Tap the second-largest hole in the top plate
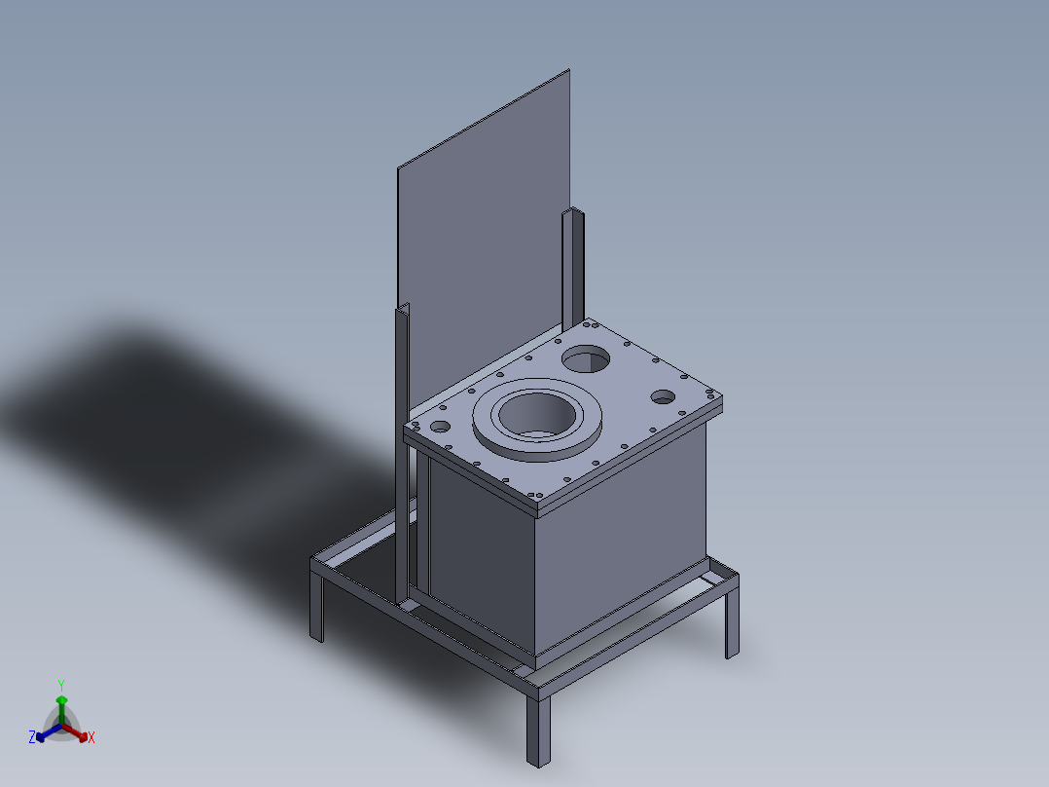pos(586,359)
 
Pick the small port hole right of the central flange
pos(663,396)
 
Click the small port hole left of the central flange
pos(440,426)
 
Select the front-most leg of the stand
pos(538,731)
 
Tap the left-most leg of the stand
pos(316,606)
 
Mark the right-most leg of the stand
pos(733,619)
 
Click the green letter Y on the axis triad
pos(61,685)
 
